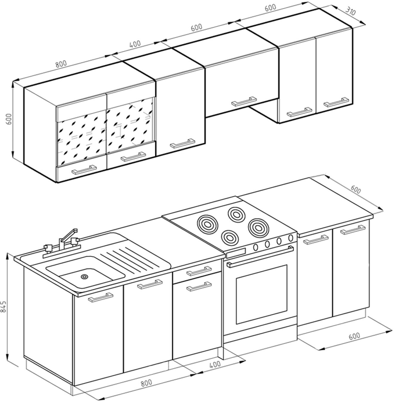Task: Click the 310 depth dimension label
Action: click(351, 12)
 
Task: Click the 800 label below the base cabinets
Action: click(146, 382)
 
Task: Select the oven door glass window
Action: click(261, 294)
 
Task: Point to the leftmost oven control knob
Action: click(256, 247)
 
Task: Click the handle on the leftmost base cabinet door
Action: click(100, 297)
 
